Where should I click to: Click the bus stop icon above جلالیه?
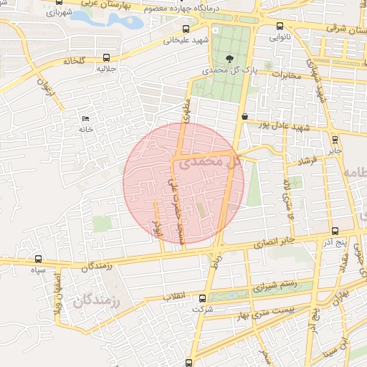point(107,57)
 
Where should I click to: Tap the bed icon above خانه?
point(87,118)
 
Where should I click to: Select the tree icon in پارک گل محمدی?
point(229,59)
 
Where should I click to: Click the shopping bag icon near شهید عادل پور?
point(245,115)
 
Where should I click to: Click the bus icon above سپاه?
point(38,259)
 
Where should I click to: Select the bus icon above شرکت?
point(203,298)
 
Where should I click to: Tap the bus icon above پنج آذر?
point(336,231)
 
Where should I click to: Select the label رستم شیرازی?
point(273,287)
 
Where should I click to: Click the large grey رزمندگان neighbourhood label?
point(100,302)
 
